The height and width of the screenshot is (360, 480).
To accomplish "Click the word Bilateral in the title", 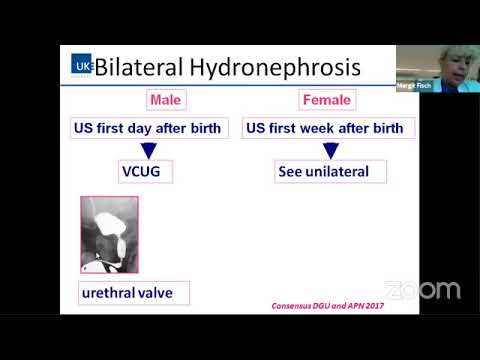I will click(x=142, y=68).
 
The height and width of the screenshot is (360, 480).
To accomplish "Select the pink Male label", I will click(x=165, y=100).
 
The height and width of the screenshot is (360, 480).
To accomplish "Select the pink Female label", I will click(x=326, y=100).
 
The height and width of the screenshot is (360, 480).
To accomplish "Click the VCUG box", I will click(x=141, y=172).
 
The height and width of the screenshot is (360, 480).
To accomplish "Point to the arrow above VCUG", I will click(x=149, y=150).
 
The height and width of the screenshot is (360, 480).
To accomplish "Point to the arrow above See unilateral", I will click(x=331, y=150).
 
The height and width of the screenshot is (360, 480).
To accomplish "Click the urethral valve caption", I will click(x=134, y=293).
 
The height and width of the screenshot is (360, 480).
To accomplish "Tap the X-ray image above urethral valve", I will click(x=109, y=234).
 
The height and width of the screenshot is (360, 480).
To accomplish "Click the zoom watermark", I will click(x=422, y=291).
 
